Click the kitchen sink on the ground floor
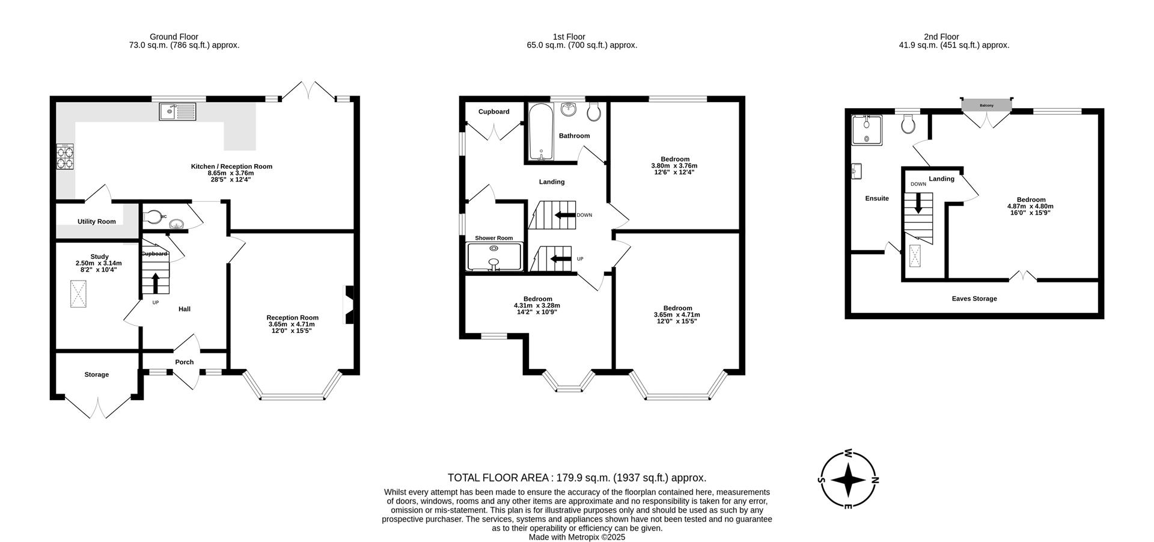point(177,111)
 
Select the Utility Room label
point(96,222)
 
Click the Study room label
point(99,257)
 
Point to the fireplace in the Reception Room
point(349,305)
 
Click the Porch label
point(185,362)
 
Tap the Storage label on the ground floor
point(96,374)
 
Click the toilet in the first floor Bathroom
point(594,111)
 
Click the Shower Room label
point(493,238)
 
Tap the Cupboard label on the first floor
point(493,112)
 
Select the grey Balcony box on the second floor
point(986,105)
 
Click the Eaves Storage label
point(974,299)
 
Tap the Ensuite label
point(876,198)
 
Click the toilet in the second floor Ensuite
point(909,125)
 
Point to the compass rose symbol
point(847,480)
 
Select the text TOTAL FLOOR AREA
point(498,478)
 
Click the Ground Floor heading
point(174,37)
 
